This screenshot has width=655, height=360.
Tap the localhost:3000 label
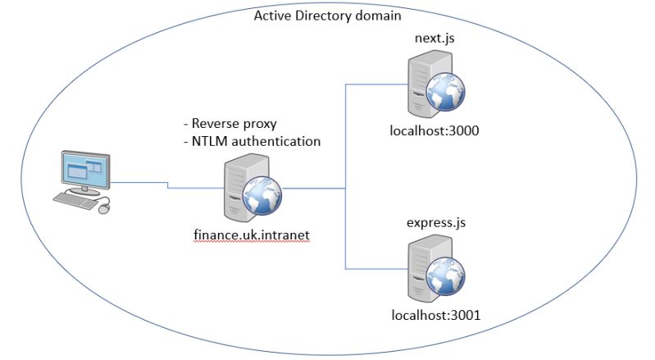434,130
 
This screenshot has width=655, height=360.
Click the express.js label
434,222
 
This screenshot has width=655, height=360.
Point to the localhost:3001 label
434,314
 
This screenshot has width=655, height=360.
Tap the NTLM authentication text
252,141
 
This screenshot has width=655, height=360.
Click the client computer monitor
85,170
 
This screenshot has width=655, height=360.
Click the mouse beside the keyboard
104,209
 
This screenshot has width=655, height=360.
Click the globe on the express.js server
449,274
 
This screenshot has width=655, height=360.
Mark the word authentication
277,141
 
